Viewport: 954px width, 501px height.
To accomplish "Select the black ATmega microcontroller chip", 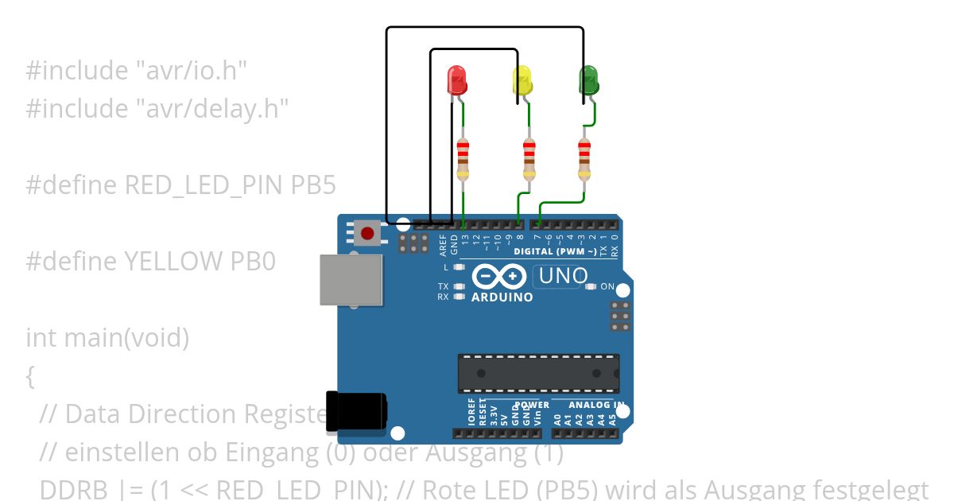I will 538,373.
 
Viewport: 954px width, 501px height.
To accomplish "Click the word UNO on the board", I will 563,276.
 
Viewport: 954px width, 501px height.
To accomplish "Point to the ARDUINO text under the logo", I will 502,297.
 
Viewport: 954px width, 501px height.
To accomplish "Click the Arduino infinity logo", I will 499,277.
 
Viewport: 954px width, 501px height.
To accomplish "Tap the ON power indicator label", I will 607,286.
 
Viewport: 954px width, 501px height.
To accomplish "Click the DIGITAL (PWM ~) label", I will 555,251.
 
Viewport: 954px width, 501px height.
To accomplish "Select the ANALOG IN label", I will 595,405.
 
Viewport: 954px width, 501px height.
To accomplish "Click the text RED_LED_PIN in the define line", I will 204,185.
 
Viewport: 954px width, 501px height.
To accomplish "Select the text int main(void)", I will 107,337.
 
